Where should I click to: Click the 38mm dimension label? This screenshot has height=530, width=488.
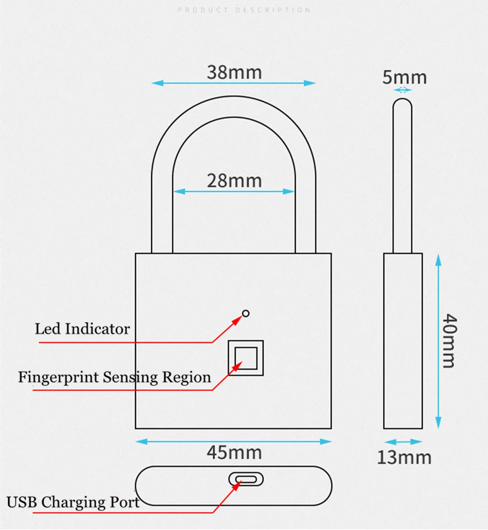(x=234, y=73)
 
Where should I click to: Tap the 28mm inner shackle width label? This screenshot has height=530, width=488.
(x=234, y=181)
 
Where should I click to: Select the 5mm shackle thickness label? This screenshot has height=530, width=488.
(x=404, y=77)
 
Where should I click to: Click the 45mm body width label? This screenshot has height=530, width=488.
(x=234, y=452)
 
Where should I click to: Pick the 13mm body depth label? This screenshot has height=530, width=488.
(x=404, y=458)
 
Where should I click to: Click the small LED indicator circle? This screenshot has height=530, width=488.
(x=245, y=313)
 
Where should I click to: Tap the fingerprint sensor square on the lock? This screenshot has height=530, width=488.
(x=246, y=358)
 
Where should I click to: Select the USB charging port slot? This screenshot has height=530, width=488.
(x=246, y=479)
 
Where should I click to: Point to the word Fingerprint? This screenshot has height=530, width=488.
(x=59, y=377)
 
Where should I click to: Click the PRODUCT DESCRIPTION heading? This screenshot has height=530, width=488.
(x=244, y=10)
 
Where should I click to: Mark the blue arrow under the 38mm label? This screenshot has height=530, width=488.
(x=233, y=83)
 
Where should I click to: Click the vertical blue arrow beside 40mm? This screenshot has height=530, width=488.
(x=438, y=341)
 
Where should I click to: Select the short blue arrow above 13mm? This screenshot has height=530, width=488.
(x=403, y=442)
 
